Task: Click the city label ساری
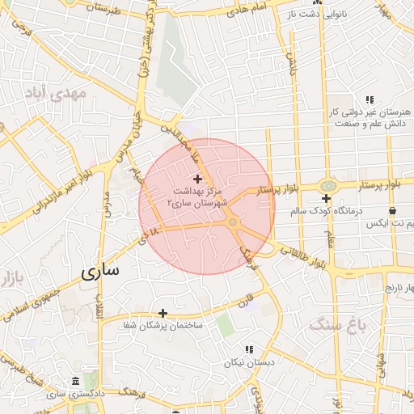100,272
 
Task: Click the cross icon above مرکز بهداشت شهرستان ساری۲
198,178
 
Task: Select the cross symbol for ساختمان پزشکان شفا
163,313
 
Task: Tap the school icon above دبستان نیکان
249,349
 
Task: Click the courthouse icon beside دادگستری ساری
75,381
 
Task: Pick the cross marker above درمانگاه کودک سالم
326,199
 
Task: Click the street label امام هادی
247,11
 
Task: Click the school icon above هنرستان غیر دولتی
369,99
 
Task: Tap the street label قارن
246,301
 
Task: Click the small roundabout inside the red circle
232,222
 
